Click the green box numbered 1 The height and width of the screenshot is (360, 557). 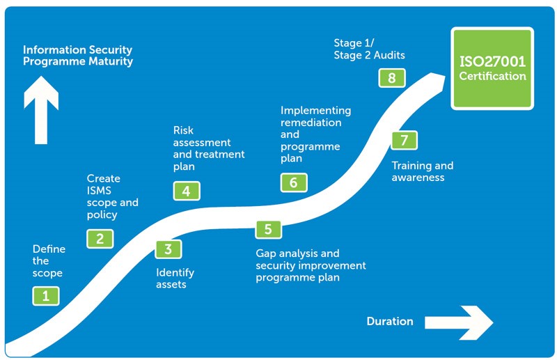[46, 296]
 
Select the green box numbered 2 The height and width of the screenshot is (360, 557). [100, 239]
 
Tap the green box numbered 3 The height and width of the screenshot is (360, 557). [168, 249]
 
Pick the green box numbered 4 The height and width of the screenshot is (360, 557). [186, 191]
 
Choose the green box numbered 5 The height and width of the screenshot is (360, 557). [268, 229]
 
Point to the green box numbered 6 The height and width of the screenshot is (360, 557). [294, 182]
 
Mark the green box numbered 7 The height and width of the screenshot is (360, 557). [404, 140]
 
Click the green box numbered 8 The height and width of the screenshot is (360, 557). [392, 77]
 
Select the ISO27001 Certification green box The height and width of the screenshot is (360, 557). [492, 68]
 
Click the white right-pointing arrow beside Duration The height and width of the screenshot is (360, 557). [459, 322]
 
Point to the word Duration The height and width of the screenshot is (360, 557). [390, 322]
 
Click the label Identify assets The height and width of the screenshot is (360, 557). [175, 279]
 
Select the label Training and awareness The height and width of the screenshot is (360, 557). [422, 171]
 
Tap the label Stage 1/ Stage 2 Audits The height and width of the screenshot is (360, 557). [369, 49]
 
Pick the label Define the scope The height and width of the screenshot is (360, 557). [49, 261]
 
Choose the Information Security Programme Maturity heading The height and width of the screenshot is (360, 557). [77, 56]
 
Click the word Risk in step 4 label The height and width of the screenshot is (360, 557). [183, 130]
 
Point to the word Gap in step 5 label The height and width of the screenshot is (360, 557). [267, 253]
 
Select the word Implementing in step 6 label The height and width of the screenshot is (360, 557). [315, 111]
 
